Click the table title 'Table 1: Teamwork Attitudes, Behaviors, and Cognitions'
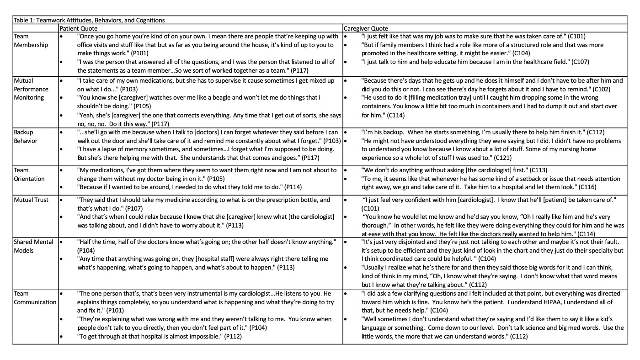point(89,20)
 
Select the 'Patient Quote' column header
point(78,28)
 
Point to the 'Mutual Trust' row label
point(31,200)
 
